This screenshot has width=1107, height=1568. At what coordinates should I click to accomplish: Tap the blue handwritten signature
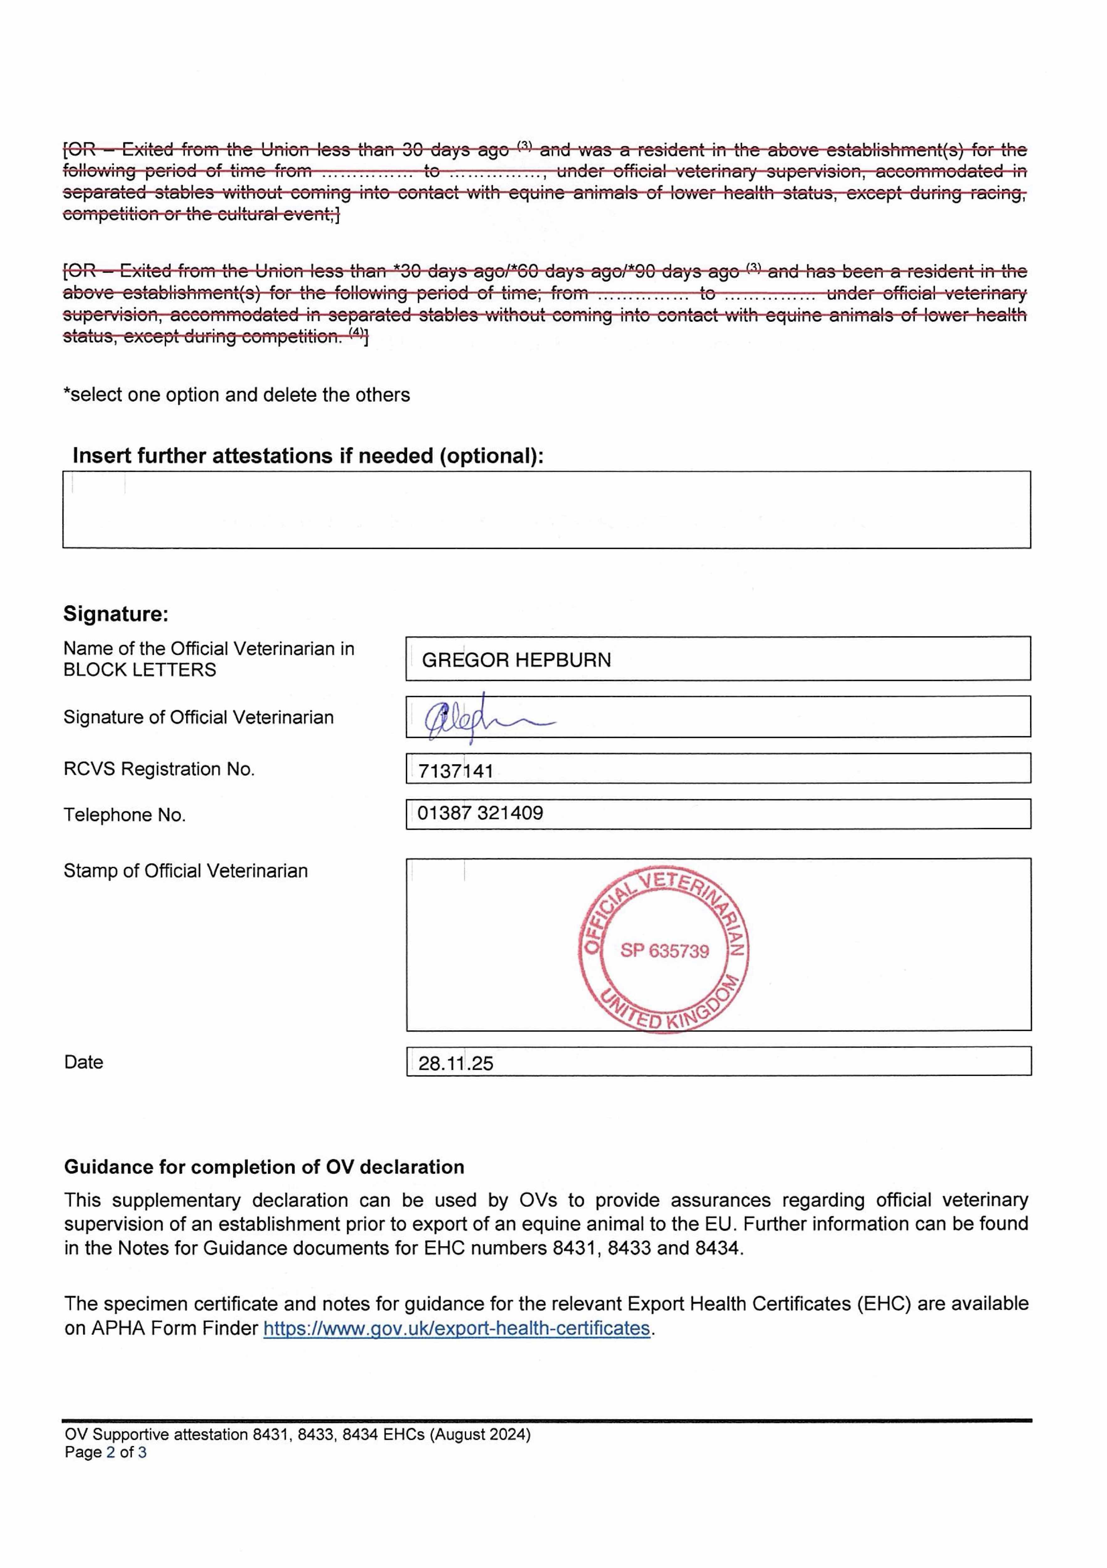click(x=478, y=717)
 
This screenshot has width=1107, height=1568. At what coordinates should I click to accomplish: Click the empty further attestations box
click(x=546, y=510)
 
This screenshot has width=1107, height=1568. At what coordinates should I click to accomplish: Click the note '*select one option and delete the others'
click(x=236, y=395)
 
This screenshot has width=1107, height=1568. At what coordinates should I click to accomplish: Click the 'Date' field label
click(x=83, y=1062)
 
